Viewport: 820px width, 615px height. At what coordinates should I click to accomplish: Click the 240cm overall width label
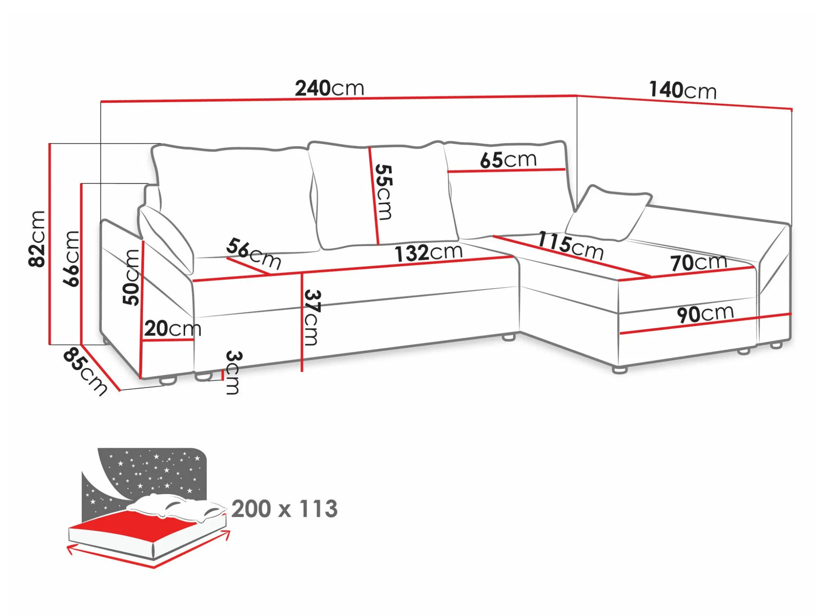pos(329,88)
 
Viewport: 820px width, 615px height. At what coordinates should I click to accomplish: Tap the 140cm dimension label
pos(683,90)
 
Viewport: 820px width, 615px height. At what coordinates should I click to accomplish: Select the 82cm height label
pos(37,239)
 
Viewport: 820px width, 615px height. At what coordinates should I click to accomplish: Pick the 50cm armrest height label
pos(131,277)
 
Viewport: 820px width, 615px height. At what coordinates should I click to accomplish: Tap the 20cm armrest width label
pos(172,328)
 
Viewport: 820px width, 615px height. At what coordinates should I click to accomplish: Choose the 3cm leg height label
pos(232,372)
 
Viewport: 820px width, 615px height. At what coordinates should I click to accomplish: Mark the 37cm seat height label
pos(312,317)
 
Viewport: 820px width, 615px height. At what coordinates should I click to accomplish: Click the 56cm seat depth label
pos(254,254)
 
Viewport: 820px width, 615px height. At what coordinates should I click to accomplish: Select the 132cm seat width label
pos(429,253)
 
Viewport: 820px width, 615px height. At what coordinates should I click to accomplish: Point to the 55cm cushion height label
pos(383,192)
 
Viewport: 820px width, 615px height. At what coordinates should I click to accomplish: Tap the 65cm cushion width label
pos(508,160)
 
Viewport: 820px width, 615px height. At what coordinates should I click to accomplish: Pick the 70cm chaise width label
pos(699,262)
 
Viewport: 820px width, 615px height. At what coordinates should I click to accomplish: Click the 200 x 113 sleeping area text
pos(284,509)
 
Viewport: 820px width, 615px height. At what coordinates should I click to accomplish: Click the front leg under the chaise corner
pos(620,370)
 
